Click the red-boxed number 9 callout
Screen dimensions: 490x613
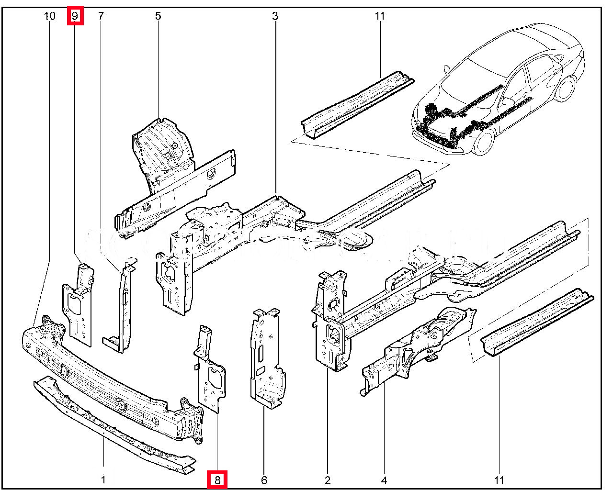click(75, 16)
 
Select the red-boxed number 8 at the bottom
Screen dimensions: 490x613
click(217, 480)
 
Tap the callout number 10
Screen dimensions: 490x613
click(50, 16)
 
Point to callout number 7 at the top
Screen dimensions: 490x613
click(101, 16)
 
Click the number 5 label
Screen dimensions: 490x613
click(158, 16)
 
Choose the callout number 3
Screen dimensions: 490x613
click(275, 16)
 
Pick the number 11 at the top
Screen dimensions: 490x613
click(380, 16)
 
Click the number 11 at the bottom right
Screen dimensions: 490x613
click(499, 480)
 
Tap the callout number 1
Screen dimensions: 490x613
click(103, 480)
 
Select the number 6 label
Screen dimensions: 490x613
click(264, 480)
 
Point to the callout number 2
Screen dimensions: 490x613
click(328, 480)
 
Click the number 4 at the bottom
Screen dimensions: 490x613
click(384, 480)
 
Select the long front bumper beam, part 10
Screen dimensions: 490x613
click(110, 383)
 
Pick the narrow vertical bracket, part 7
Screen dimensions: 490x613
click(124, 306)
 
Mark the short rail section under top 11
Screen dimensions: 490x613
click(357, 105)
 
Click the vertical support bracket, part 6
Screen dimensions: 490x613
click(264, 359)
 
